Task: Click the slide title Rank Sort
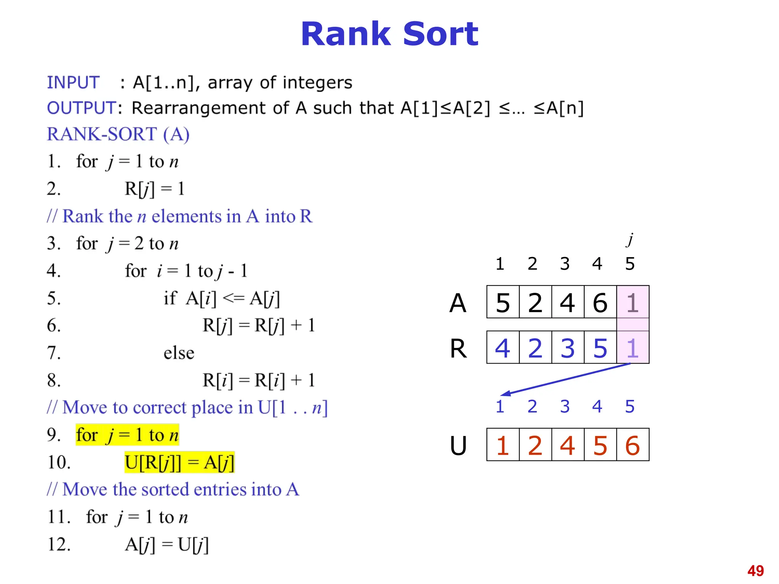tap(389, 34)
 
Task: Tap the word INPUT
tap(73, 83)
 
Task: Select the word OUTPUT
tap(81, 108)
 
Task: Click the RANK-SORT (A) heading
tap(118, 134)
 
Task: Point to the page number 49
tap(755, 571)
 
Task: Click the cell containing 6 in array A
tap(600, 303)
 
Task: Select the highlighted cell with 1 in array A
tap(633, 303)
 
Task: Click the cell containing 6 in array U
tap(633, 445)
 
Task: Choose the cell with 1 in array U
tap(502, 445)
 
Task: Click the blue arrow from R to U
tap(567, 379)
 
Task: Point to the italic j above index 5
tap(630, 240)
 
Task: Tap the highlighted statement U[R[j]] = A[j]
tap(179, 462)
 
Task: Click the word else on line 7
tap(179, 353)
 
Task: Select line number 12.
tap(59, 544)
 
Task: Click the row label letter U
tap(458, 446)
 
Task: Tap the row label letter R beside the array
tap(458, 348)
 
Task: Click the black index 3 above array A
tap(565, 264)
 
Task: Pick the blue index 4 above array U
tap(597, 406)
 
